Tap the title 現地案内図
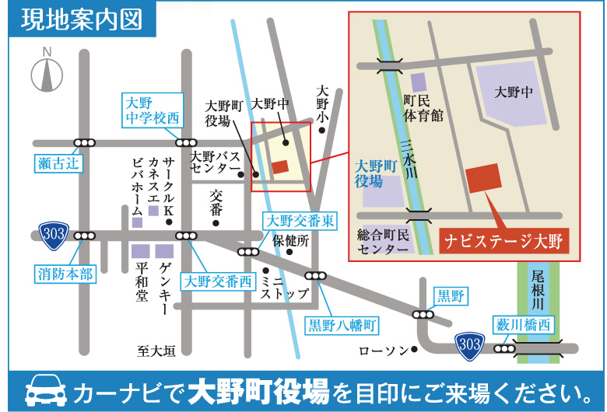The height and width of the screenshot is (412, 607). coord(82,19)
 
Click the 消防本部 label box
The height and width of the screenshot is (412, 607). coord(65,273)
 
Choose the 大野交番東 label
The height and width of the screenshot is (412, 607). coord(300,221)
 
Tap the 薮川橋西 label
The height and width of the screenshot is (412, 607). coord(522,323)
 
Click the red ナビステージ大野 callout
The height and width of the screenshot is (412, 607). coord(502,240)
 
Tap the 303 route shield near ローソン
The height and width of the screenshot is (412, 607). coord(469,344)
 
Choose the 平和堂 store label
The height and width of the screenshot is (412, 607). coord(141,281)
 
